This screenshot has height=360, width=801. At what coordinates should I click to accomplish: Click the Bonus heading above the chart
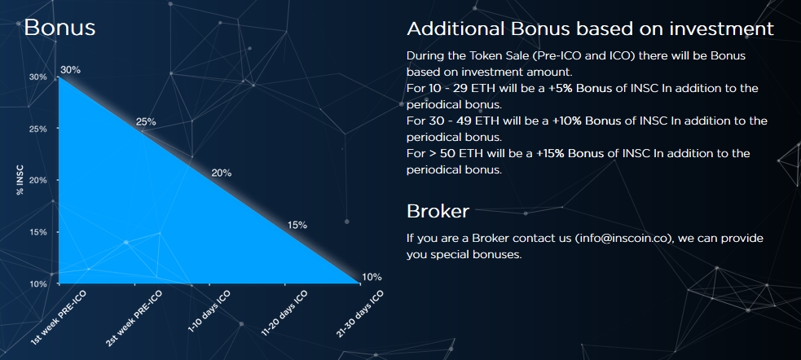point(59,27)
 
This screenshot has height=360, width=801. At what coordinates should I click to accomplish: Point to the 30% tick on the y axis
point(37,77)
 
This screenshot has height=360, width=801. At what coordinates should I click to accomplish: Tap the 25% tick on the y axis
point(37,130)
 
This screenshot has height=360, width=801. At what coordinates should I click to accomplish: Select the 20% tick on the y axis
point(37,181)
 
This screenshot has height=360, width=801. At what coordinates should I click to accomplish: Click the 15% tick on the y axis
point(37,232)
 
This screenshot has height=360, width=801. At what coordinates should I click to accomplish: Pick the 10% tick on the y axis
point(37,284)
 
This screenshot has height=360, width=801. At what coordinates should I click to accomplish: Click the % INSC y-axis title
point(20,180)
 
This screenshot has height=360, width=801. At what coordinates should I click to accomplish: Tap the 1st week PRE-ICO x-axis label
point(59,318)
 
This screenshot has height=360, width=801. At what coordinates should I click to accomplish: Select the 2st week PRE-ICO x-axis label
point(134,318)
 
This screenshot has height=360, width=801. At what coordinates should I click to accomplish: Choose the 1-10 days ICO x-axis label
point(209,311)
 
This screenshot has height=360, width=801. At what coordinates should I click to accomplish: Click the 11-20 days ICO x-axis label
point(284,313)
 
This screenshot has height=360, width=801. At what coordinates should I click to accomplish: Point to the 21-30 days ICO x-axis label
point(359,314)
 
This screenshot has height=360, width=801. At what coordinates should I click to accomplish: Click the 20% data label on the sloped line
point(221,173)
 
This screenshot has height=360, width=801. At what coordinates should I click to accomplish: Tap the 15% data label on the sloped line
point(297,225)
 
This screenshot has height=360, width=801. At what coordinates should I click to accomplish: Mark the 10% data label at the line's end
point(372,277)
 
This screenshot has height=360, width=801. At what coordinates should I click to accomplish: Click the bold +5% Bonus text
point(580,88)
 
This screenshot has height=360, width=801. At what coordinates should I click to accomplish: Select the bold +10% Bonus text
point(583,121)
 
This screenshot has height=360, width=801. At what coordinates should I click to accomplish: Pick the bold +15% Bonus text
point(570,153)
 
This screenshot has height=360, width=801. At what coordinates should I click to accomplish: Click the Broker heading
point(438,211)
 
